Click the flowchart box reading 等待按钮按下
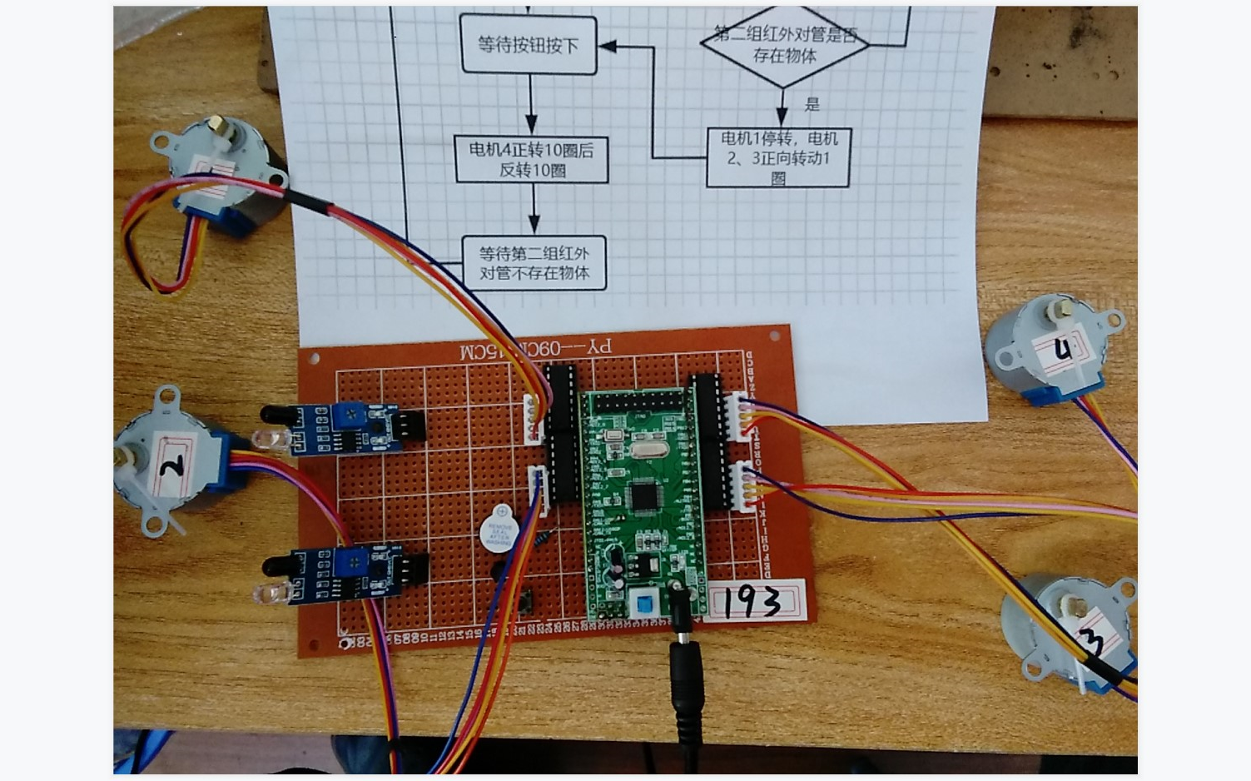tap(529, 45)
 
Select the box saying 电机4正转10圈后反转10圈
tap(532, 159)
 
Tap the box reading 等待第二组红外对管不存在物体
tap(534, 263)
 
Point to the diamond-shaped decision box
tap(784, 45)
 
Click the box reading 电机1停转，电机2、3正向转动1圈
tap(778, 157)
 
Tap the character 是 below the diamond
tap(812, 104)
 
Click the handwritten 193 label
tap(753, 601)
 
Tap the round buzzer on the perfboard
tap(500, 528)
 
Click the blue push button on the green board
tap(643, 604)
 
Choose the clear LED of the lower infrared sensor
tap(273, 593)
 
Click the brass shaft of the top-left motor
tap(217, 126)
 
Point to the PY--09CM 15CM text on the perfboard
tap(535, 347)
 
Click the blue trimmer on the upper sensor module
tap(353, 412)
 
